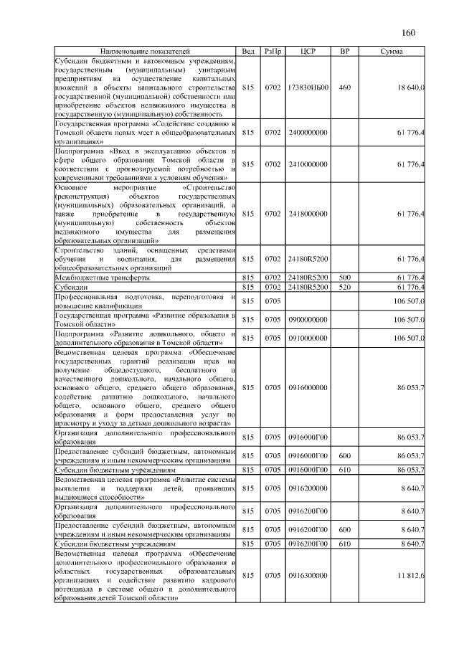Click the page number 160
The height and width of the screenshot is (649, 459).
point(409,32)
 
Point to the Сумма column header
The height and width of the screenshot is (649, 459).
point(392,52)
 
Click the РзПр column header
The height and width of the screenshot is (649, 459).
point(273,52)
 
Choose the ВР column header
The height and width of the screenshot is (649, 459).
point(344,52)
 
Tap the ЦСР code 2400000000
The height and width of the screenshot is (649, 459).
point(308,133)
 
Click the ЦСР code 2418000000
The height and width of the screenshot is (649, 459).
point(308,213)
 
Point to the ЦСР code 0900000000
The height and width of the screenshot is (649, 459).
point(308,319)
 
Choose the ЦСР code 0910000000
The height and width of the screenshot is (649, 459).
point(308,338)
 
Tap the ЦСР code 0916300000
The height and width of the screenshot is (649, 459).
point(308,575)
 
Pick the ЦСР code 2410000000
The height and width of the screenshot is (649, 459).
point(308,164)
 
